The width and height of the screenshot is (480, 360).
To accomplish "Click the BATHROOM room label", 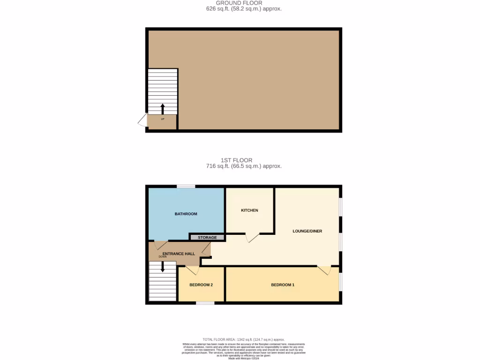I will coord(186,214).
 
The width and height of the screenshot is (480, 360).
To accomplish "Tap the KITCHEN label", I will coord(249,210).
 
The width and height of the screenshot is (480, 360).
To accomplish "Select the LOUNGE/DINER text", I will coord(307,231).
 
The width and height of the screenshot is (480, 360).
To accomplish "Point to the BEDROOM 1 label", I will coord(283,285).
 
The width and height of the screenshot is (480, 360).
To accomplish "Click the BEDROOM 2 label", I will coord(201,285).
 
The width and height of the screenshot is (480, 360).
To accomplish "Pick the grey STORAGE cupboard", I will coord(207,238).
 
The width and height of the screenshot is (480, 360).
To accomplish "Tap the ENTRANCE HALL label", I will coord(179,254).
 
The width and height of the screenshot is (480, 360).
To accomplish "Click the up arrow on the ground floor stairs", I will coord(163,109).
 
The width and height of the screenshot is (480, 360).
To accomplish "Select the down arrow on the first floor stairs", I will coord(163,267).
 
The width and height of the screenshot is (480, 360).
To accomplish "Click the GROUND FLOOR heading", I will coord(239,3).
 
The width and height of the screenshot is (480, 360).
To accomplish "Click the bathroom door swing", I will coord(161,245).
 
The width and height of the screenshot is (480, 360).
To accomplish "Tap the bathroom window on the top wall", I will coord(186,187).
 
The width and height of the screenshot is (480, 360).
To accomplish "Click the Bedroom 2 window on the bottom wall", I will coord(205,303).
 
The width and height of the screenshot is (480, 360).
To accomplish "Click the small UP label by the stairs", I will coord(163,119).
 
